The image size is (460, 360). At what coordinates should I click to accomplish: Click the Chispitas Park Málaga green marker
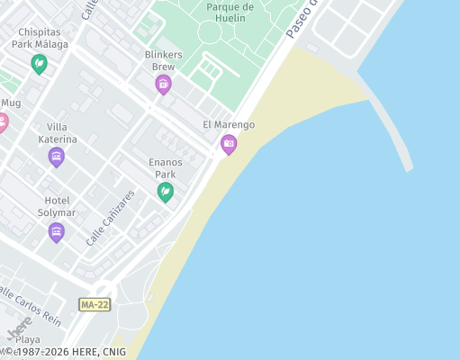pyautogui.click(x=39, y=64)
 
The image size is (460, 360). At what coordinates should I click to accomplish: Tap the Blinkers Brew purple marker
pyautogui.click(x=163, y=85)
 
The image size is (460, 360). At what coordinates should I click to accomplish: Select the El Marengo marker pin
pyautogui.click(x=229, y=144)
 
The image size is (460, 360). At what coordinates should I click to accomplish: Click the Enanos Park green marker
pyautogui.click(x=165, y=191)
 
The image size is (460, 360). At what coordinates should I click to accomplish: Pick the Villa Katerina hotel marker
pyautogui.click(x=56, y=157)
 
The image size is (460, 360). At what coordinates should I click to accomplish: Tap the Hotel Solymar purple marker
pyautogui.click(x=56, y=232)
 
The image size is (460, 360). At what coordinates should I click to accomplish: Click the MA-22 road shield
pyautogui.click(x=95, y=305)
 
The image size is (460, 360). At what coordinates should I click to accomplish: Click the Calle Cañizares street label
pyautogui.click(x=111, y=219)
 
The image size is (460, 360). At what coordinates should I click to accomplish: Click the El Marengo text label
pyautogui.click(x=229, y=125)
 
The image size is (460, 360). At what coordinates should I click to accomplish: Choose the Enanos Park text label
pyautogui.click(x=165, y=168)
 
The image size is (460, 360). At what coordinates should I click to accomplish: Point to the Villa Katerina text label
pyautogui.click(x=57, y=133)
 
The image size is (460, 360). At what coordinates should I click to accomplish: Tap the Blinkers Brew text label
pyautogui.click(x=163, y=60)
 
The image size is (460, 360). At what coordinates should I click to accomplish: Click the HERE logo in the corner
pyautogui.click(x=20, y=329)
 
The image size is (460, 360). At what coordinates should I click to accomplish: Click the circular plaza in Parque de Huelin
pyautogui.click(x=209, y=32)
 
